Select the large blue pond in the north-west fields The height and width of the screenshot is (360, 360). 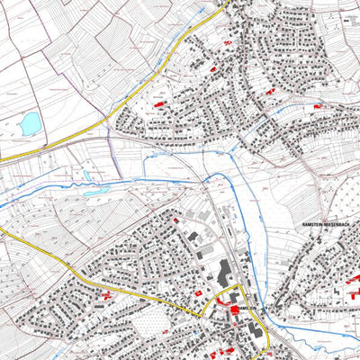coord(29,121)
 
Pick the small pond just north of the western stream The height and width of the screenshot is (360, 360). coord(86,175)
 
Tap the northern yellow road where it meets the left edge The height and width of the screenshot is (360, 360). coord(3,159)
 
